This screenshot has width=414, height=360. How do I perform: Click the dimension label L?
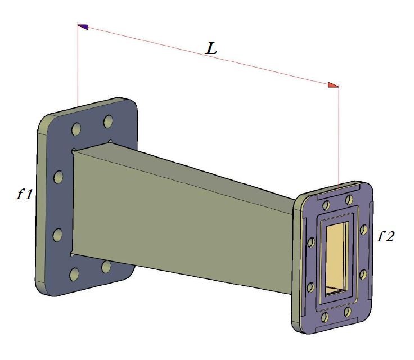point(211,48)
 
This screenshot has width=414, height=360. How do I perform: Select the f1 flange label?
point(24,195)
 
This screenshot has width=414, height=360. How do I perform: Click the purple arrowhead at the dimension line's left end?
point(83,26)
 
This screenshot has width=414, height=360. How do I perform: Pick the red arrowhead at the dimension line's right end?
point(334,85)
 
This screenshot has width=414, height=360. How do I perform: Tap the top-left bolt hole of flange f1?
point(75,130)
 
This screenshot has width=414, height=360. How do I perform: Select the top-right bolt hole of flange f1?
point(107,121)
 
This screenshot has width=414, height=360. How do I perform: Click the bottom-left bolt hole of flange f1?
point(74,274)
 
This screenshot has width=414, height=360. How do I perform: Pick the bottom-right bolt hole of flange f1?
point(106,266)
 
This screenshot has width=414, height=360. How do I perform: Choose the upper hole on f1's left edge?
point(58,177)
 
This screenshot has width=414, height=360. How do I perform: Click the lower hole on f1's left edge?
point(57,234)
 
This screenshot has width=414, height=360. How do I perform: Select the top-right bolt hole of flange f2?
point(349,198)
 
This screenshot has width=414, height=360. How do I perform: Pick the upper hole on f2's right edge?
point(363,229)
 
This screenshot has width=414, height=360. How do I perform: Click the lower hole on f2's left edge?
point(309,287)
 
